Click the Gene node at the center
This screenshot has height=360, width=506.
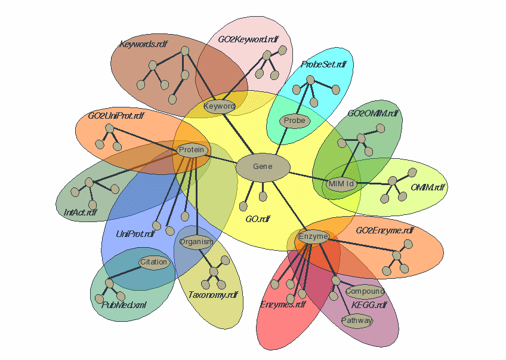tap(263, 167)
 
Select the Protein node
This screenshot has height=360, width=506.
tap(192, 150)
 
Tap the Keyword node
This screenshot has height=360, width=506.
tap(219, 106)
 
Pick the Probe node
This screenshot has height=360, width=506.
tap(294, 121)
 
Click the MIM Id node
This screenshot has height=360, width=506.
tap(342, 184)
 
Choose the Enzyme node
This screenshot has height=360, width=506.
tap(313, 236)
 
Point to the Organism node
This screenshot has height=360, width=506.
tap(196, 242)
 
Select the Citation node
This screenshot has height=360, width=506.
tap(154, 262)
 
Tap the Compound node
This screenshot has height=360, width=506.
tap(365, 292)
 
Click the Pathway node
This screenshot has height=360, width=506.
tap(357, 321)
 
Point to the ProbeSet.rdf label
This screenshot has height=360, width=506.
tap(323, 64)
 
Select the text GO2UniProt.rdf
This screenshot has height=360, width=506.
tap(116, 115)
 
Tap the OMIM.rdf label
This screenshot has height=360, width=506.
tap(428, 187)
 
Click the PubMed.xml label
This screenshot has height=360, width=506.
tap(124, 304)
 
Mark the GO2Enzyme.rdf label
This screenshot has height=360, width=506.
tap(384, 230)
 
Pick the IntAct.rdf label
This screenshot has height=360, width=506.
tap(81, 212)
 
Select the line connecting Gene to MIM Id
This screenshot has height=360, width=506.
tap(307, 176)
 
